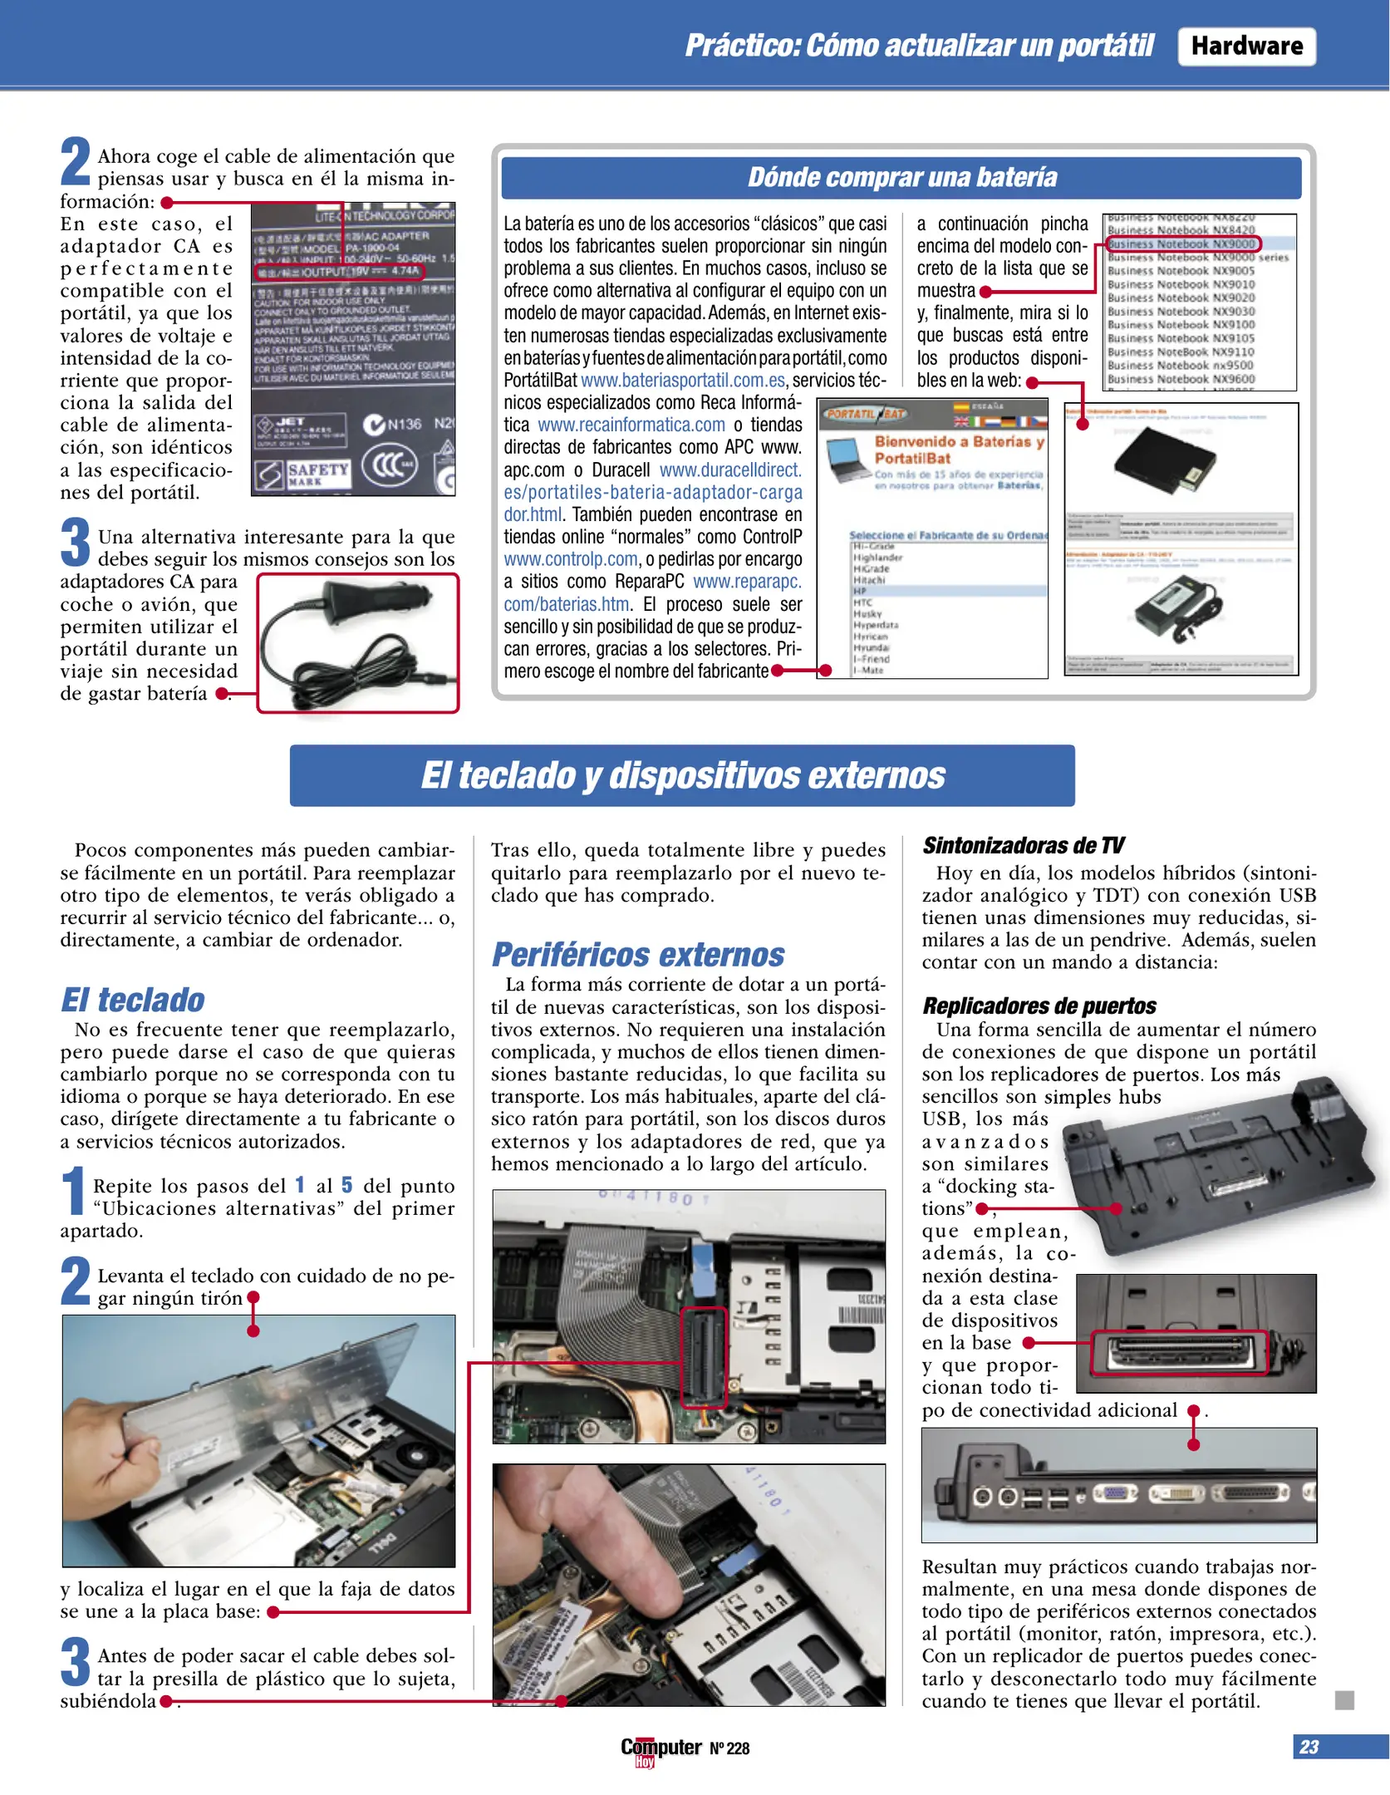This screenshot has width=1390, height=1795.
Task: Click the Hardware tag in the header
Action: coord(1245,46)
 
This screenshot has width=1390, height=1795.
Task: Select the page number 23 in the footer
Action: coord(1309,1747)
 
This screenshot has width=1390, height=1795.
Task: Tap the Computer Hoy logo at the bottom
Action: coord(661,1748)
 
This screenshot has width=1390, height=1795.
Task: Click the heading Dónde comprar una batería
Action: coord(901,177)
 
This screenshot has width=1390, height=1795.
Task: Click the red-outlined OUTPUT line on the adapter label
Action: coord(339,271)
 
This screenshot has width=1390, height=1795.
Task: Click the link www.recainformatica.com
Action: coord(631,425)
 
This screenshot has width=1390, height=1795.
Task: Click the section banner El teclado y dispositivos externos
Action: coord(682,775)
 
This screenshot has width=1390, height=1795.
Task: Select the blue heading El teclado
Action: coord(133,1000)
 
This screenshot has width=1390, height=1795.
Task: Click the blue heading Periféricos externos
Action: coord(638,955)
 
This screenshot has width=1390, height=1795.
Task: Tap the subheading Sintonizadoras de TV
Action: coord(1023,845)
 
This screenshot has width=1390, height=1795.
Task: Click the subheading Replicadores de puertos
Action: coord(1039,1006)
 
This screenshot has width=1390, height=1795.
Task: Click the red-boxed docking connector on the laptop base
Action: coord(1179,1353)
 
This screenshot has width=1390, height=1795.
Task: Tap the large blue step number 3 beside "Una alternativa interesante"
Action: coord(75,542)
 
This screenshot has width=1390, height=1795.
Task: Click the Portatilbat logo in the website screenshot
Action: coord(866,413)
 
